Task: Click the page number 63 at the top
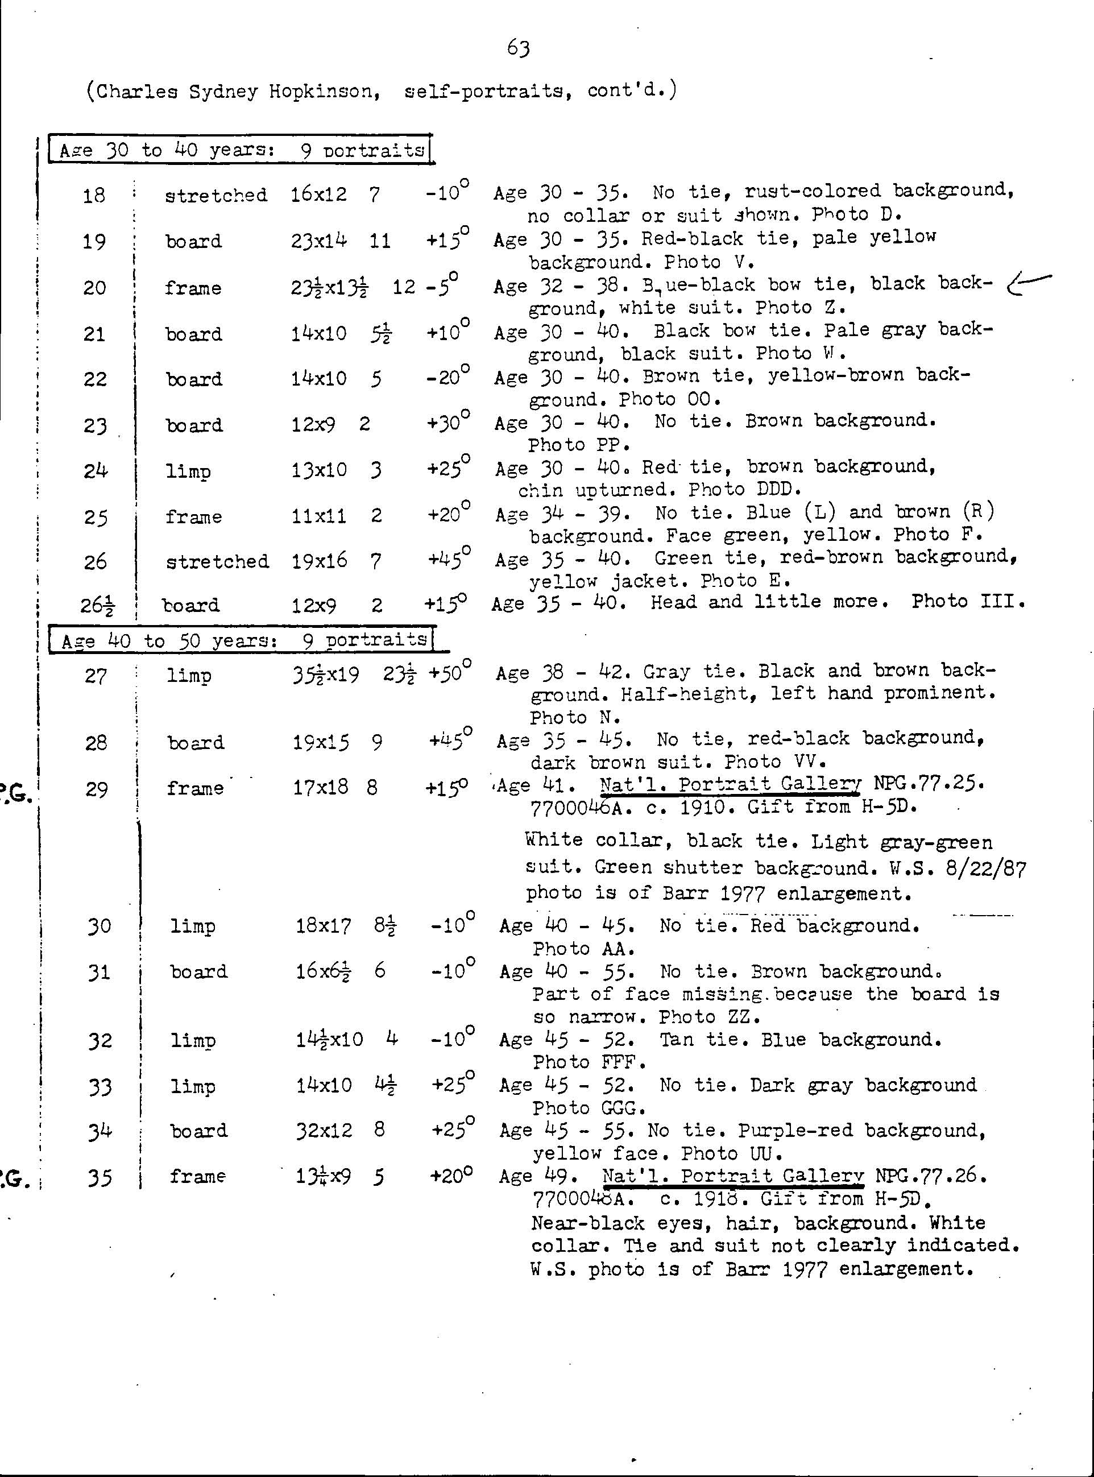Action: (518, 48)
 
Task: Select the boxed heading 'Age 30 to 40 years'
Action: (241, 150)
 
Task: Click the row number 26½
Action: (97, 605)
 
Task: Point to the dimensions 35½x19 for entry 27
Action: (326, 675)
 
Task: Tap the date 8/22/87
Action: (985, 868)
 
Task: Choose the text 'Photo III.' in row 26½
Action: (968, 601)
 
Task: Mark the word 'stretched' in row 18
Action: (216, 196)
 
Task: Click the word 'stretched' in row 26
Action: (217, 562)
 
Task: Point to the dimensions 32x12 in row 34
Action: (324, 1130)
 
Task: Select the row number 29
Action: (97, 789)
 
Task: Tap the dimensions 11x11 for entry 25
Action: (318, 516)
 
